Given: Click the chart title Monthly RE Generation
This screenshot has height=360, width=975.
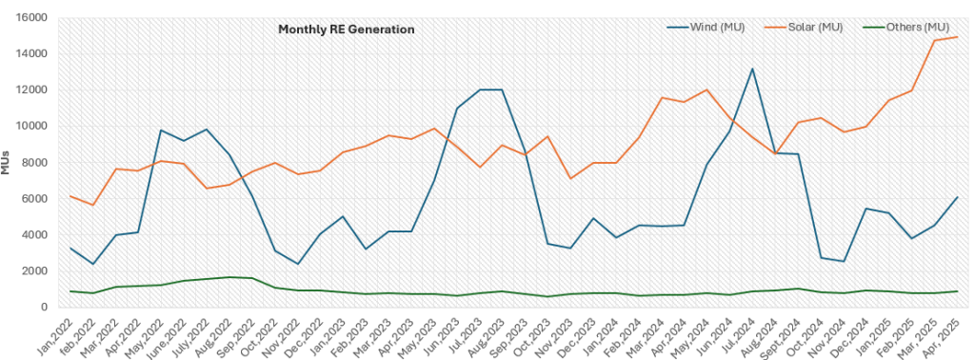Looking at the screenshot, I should coord(346,30).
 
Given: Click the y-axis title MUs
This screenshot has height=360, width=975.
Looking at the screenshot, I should coord(9,162).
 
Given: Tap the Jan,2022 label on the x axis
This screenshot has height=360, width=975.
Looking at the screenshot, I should coord(57,330).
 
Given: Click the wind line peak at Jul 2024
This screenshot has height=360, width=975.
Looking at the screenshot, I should coord(752,69).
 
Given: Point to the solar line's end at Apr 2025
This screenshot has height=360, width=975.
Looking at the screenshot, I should coord(957,37).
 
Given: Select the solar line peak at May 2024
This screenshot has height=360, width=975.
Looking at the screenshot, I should coord(706,90).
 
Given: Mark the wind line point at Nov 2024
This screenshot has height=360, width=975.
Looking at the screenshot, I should coord(843,261).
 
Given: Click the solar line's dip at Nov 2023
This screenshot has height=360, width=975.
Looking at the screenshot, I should coord(570,178).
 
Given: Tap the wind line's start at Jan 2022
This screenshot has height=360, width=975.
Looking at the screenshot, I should coord(70,249).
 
